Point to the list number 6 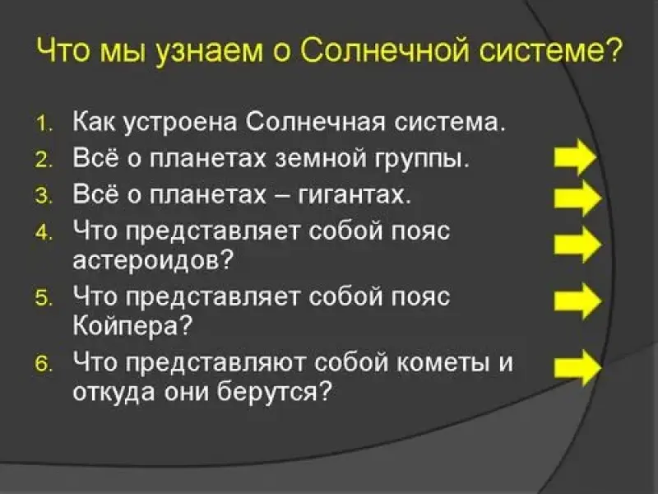click(x=44, y=364)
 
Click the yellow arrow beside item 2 click(x=575, y=157)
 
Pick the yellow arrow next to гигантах click(x=577, y=198)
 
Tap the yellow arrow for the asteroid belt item click(x=577, y=245)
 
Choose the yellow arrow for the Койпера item click(x=577, y=301)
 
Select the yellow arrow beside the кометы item click(x=577, y=369)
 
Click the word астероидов click(x=147, y=260)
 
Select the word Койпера click(x=127, y=324)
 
